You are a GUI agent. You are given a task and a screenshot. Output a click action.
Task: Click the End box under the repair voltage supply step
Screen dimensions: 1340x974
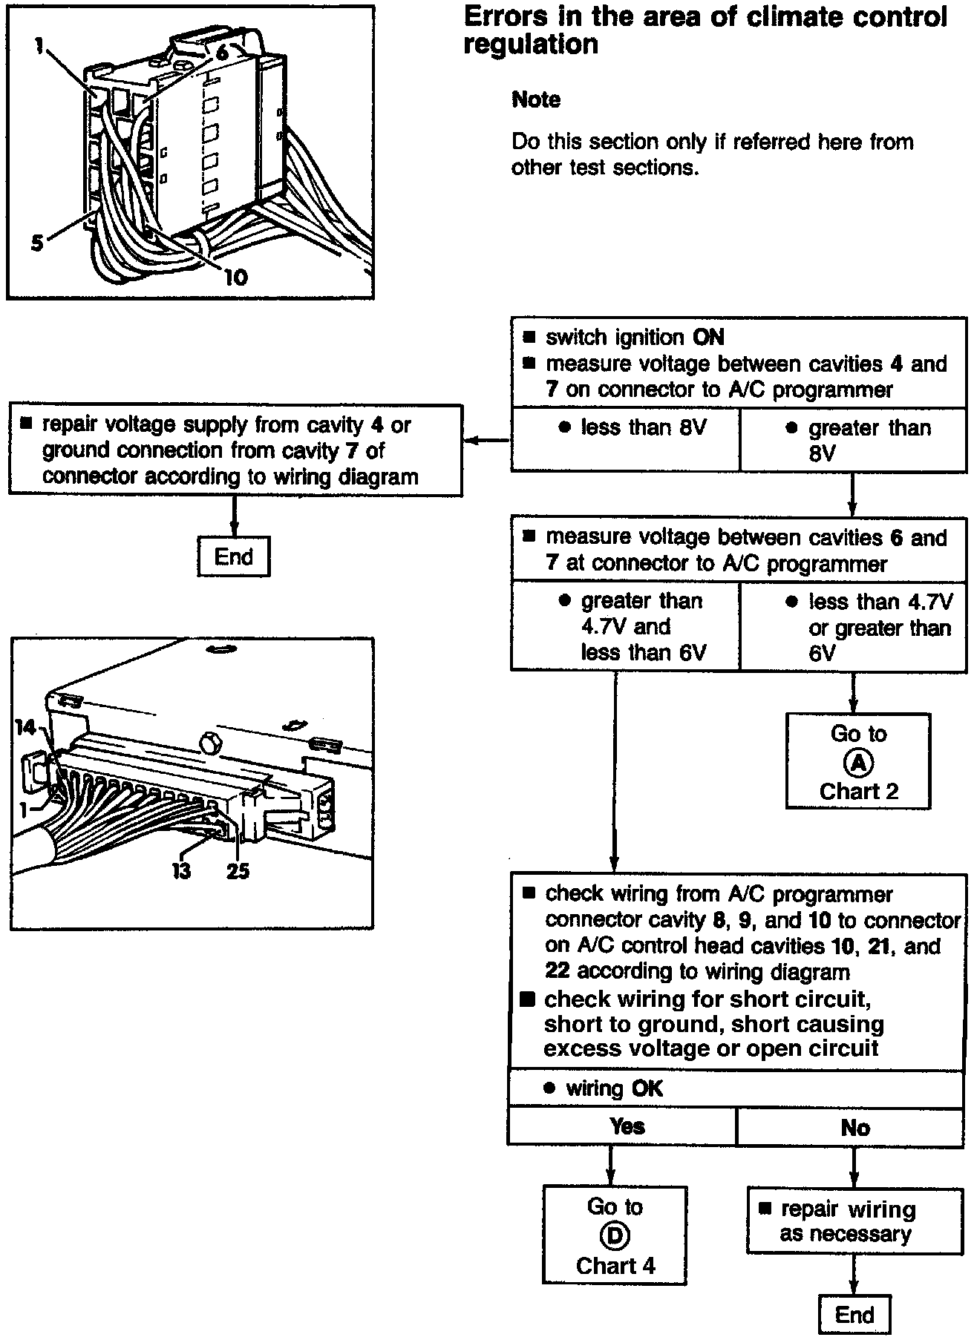pos(233,556)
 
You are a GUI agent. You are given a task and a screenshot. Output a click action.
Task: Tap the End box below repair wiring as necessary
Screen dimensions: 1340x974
pos(854,1314)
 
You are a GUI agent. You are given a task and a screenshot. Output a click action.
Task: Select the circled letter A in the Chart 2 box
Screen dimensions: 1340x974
pos(858,763)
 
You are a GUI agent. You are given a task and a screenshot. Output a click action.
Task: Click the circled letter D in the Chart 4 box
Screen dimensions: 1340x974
pos(615,1235)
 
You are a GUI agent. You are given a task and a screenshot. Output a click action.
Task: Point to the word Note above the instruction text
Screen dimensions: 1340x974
pos(536,99)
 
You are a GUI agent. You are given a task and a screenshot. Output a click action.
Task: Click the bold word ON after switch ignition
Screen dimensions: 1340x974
pos(708,338)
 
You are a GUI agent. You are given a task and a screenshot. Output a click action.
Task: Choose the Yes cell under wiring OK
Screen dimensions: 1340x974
pos(627,1126)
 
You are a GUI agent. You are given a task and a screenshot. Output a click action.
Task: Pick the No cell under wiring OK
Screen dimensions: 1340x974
pos(854,1128)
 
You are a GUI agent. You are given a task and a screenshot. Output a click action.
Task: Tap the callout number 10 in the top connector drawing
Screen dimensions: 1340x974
pos(235,277)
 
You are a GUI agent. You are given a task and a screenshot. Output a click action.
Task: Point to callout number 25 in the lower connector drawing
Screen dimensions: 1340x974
pos(238,870)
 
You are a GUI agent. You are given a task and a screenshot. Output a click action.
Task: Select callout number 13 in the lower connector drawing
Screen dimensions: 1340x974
pos(182,870)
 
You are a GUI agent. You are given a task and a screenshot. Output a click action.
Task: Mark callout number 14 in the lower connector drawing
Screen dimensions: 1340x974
pos(26,727)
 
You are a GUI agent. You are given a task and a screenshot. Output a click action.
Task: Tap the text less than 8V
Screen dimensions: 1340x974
pos(643,427)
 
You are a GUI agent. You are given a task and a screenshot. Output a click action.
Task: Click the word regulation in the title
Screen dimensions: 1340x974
pos(531,45)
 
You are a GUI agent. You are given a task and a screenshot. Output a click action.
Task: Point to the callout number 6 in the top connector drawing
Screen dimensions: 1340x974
pos(222,52)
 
